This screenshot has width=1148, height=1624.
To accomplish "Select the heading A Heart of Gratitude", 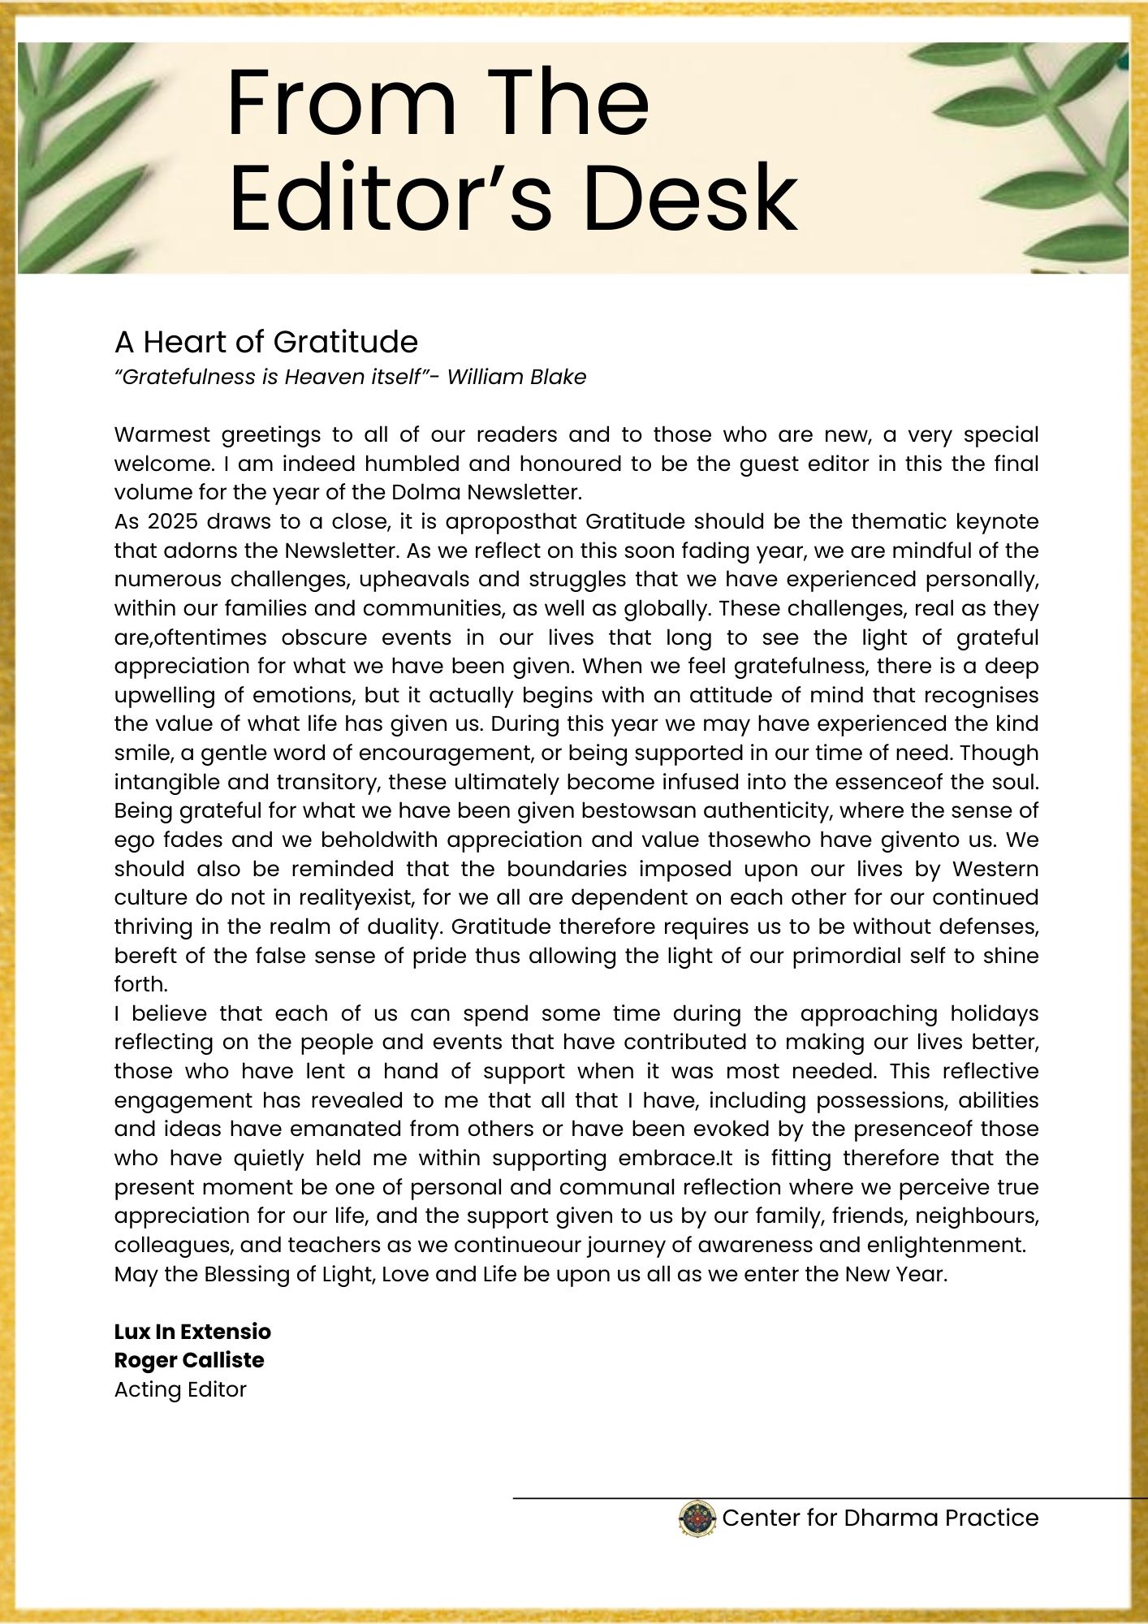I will coord(265,342).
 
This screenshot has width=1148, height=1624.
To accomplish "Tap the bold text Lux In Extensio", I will coord(192,1332).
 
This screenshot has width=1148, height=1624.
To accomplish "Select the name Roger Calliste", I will coord(189,1360).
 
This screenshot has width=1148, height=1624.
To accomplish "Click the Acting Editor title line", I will coord(180,1389).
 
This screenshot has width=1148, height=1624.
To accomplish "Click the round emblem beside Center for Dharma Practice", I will coord(697,1518).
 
